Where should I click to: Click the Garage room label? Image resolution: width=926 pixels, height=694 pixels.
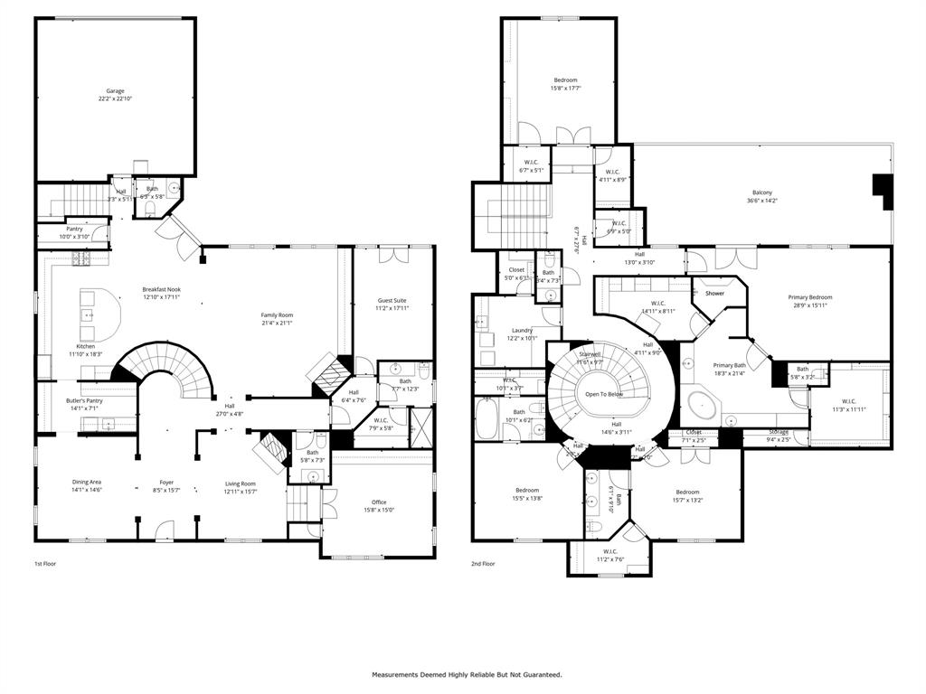115,91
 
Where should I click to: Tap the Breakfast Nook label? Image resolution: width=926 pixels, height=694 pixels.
161,289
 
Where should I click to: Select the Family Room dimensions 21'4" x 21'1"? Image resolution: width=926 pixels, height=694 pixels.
277,323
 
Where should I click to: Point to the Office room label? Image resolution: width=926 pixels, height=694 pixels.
379,502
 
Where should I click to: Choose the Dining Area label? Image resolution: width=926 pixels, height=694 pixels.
87,483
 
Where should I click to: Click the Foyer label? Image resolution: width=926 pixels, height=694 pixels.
166,483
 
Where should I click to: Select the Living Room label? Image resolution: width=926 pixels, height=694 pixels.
241,483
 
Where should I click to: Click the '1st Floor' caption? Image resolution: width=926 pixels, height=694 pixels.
45,563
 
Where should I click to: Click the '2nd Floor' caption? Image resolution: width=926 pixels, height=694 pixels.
483,563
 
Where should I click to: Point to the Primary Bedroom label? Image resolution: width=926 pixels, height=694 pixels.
809,297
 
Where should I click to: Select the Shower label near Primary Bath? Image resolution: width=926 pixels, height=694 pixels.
714,294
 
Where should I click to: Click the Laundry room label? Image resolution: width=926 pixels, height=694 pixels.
522,331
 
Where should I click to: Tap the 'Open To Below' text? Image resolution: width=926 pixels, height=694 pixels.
603,394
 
